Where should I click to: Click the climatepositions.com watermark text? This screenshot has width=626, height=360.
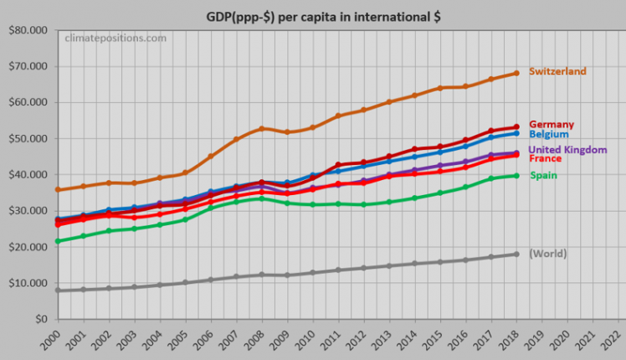(x=115, y=38)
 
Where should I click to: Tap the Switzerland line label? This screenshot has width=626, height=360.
(x=557, y=71)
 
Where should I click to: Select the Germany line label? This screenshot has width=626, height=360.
(x=551, y=125)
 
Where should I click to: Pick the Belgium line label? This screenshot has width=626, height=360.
(x=549, y=134)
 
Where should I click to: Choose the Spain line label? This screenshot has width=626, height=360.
(x=543, y=175)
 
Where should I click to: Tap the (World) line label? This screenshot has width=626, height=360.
(x=548, y=253)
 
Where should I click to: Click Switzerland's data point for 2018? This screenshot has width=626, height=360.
(x=516, y=73)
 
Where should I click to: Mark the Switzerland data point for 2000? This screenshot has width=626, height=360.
(x=57, y=190)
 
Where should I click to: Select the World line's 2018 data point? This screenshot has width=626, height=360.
(x=516, y=255)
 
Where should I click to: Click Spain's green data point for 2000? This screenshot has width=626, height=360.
(x=57, y=241)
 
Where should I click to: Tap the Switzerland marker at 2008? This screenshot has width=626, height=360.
(x=261, y=129)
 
